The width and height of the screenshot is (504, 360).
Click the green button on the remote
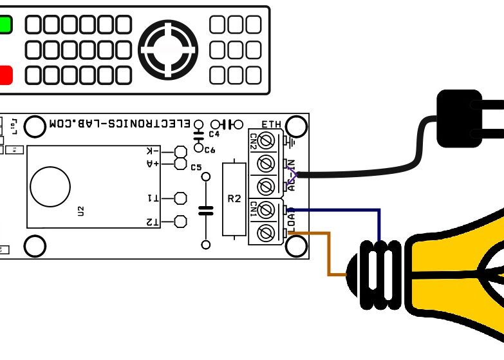(5, 25)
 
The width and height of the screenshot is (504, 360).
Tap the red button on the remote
(5, 75)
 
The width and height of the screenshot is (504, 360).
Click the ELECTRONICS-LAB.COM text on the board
(120, 122)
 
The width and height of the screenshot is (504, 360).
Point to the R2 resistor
(234, 199)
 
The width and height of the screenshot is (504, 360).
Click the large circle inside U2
(50, 187)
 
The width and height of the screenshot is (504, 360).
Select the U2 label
(80, 211)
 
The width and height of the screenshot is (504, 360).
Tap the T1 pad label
(153, 198)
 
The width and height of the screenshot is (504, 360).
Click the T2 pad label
(153, 222)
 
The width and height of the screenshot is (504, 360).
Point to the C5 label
(196, 167)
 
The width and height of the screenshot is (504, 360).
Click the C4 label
(214, 134)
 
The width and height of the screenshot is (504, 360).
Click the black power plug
(458, 118)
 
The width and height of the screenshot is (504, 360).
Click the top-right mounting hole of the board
(296, 126)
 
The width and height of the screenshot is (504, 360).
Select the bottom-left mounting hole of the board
(35, 245)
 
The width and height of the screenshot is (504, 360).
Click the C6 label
(209, 149)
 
